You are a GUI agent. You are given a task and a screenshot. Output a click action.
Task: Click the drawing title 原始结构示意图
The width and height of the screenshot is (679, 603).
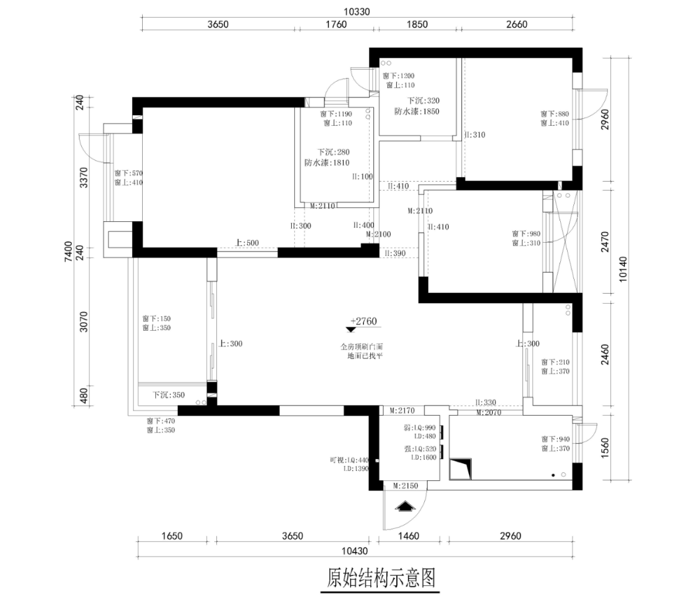(382, 577)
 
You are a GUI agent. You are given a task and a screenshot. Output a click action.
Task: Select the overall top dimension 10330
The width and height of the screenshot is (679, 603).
(356, 11)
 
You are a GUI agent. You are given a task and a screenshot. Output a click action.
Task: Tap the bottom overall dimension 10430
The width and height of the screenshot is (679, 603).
(355, 551)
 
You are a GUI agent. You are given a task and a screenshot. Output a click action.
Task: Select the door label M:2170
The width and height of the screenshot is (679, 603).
(402, 411)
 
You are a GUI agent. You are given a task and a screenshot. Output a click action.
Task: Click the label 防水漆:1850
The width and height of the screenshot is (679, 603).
(417, 111)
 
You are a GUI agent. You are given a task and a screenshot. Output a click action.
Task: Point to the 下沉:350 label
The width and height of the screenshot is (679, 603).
(169, 395)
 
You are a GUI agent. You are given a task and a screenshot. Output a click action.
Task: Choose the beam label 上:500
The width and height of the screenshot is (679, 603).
(247, 243)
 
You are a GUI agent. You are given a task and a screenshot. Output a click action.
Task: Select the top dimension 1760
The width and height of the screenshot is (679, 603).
(336, 25)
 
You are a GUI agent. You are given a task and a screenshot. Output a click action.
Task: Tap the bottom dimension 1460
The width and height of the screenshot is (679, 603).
(412, 536)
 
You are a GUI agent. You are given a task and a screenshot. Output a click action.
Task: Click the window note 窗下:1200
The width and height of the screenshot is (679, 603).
(398, 75)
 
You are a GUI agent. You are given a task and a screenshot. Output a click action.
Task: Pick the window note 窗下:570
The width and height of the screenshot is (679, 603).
(129, 173)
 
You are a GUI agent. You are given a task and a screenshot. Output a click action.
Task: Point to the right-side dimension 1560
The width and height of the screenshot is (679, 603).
(605, 446)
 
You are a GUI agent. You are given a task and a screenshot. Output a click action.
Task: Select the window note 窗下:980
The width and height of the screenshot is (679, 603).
(526, 233)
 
